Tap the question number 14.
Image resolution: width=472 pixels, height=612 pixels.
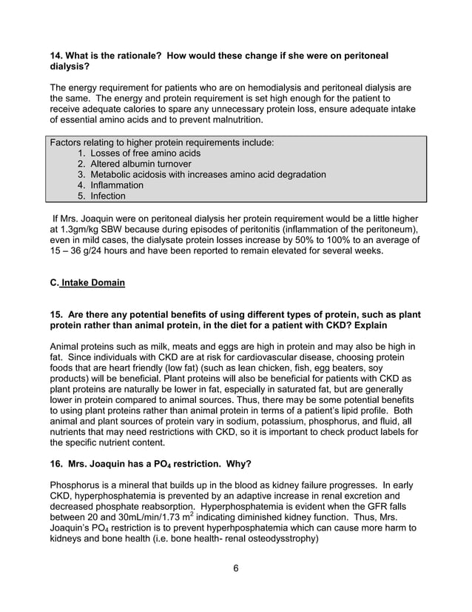tap(56, 56)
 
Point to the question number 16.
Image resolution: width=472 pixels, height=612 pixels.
tap(56, 464)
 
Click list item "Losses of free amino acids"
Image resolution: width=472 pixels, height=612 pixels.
tap(145, 153)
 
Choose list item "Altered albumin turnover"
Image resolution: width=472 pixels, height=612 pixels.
tap(141, 164)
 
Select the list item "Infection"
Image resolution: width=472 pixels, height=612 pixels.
tap(107, 196)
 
